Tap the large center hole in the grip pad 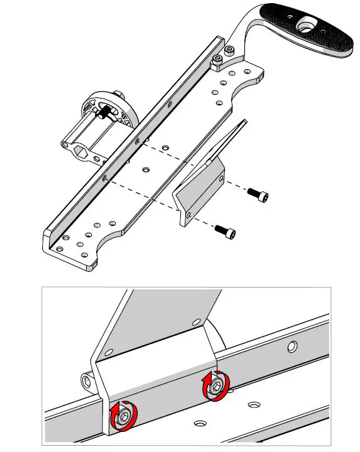[307, 26]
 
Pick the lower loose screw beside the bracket [226, 232]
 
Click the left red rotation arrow [116, 417]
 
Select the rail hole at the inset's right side [293, 345]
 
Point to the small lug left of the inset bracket [87, 381]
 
